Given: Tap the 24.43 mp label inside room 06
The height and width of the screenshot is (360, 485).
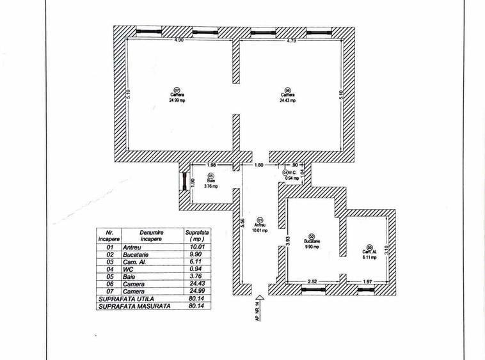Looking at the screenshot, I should pyautogui.click(x=288, y=100).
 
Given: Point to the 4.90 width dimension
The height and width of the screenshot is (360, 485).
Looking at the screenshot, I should pyautogui.click(x=180, y=41).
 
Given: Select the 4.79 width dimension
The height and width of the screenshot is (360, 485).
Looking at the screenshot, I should pyautogui.click(x=291, y=41).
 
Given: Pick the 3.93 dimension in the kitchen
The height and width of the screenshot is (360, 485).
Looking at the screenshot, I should pyautogui.click(x=289, y=240).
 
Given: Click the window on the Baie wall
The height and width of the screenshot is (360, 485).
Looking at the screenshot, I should pyautogui.click(x=184, y=182).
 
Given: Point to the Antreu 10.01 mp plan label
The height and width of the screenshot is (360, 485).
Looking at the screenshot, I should pyautogui.click(x=260, y=227).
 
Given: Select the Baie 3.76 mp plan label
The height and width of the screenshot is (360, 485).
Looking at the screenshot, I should pyautogui.click(x=211, y=183).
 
